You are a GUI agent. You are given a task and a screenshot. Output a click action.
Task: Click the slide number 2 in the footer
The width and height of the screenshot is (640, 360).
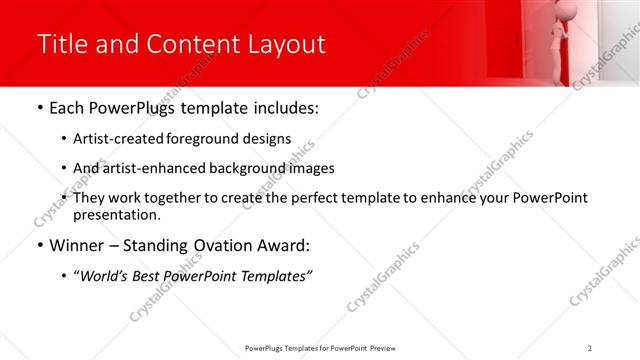point(590,348)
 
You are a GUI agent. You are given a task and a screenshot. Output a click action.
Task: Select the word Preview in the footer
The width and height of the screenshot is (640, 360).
point(387,348)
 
